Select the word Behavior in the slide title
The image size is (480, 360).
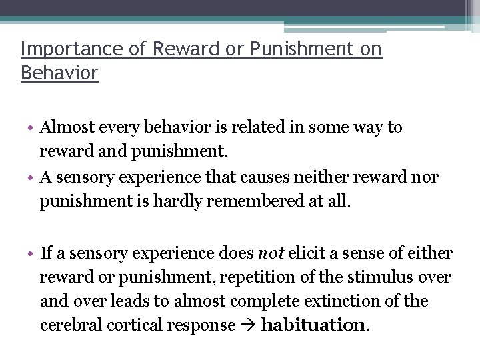(59, 72)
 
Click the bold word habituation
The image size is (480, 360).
(313, 325)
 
